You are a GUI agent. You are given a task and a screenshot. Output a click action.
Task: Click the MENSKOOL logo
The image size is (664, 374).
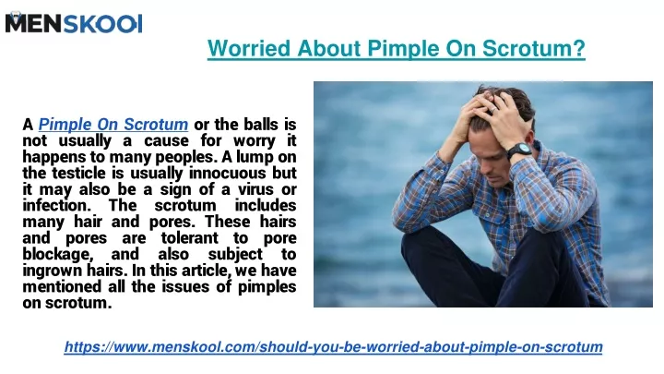pyautogui.click(x=74, y=22)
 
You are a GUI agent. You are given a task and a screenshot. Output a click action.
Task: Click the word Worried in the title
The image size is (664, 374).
pyautogui.click(x=249, y=48)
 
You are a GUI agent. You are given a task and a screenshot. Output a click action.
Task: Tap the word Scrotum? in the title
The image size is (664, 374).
pyautogui.click(x=534, y=48)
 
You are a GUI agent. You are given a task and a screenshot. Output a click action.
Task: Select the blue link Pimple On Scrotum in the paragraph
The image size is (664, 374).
pyautogui.click(x=113, y=125)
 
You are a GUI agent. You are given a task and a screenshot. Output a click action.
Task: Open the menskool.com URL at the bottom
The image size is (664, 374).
pyautogui.click(x=333, y=347)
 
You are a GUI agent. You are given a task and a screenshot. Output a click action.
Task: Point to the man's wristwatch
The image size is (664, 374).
pyautogui.click(x=519, y=151)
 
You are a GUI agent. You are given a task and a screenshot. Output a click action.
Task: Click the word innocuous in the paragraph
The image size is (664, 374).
pyautogui.click(x=228, y=173)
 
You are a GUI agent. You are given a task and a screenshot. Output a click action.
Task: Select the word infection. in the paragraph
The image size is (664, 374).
pyautogui.click(x=57, y=205)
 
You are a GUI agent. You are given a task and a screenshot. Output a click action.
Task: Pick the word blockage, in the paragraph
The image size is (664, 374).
pyautogui.click(x=57, y=255)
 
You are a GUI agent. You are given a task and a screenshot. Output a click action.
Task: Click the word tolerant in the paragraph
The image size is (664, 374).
pyautogui.click(x=190, y=238)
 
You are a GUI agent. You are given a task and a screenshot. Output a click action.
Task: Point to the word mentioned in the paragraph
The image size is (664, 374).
pyautogui.click(x=62, y=286)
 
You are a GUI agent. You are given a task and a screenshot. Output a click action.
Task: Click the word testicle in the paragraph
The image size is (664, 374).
pyautogui.click(x=78, y=173)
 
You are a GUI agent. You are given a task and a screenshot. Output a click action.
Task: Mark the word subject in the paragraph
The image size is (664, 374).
pyautogui.click(x=235, y=255)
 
